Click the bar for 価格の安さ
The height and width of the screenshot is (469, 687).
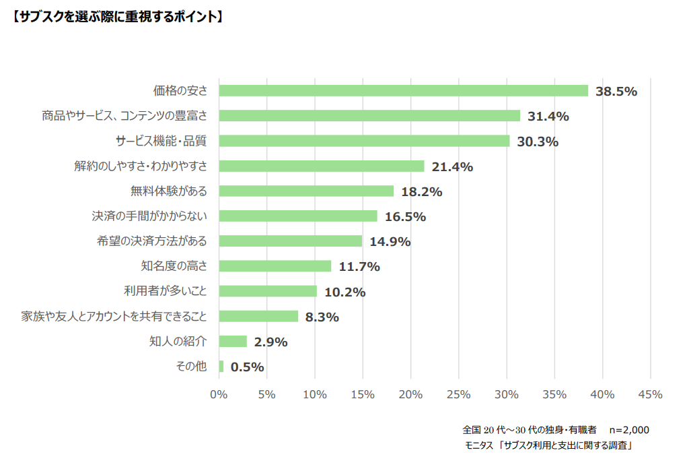click(404, 91)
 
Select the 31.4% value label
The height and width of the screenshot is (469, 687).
click(548, 117)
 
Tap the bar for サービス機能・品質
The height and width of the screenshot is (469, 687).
click(364, 141)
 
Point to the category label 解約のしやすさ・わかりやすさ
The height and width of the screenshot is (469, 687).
click(141, 166)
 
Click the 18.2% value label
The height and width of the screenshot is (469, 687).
click(421, 191)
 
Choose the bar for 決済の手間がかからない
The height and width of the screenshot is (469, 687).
click(298, 216)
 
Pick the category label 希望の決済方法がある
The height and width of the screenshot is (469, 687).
click(152, 241)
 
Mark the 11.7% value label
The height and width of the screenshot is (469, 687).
click(359, 267)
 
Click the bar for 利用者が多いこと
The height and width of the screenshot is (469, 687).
click(268, 291)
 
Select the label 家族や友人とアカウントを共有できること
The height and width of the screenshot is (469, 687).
click(114, 316)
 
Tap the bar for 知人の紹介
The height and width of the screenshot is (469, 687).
click(233, 342)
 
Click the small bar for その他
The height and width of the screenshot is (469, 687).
click(221, 367)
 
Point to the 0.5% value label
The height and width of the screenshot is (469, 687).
click(247, 367)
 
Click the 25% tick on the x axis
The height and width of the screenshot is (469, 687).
click(458, 394)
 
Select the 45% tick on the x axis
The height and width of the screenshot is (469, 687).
click(650, 394)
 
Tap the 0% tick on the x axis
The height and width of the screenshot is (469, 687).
click(219, 394)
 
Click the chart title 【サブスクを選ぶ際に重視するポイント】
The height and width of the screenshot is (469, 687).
click(117, 17)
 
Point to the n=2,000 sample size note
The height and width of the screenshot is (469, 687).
click(628, 430)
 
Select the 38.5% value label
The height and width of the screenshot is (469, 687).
click(616, 92)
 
